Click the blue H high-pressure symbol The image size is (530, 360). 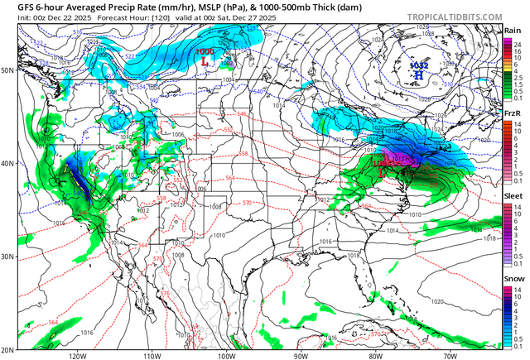click(418, 74)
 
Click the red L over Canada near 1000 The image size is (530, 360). click(202, 60)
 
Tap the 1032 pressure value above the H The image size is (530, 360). click(418, 63)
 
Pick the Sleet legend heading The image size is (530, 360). click(513, 196)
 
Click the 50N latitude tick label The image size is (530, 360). click(7, 70)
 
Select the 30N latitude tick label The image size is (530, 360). click(7, 257)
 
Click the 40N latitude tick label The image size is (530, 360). click(7, 163)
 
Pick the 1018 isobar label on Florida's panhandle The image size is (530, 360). click(354, 257)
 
